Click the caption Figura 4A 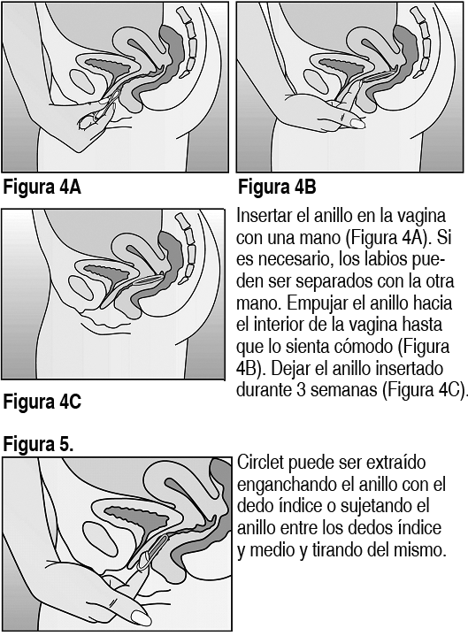click(x=42, y=188)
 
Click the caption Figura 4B click(x=277, y=188)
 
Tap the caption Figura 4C click(x=42, y=402)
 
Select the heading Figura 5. click(x=39, y=444)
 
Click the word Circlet click(x=260, y=463)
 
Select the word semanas click(x=344, y=390)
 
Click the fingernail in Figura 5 click(x=142, y=618)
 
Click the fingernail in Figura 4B click(x=357, y=123)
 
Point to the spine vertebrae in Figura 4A click(x=188, y=42)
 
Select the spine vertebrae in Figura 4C click(x=187, y=248)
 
